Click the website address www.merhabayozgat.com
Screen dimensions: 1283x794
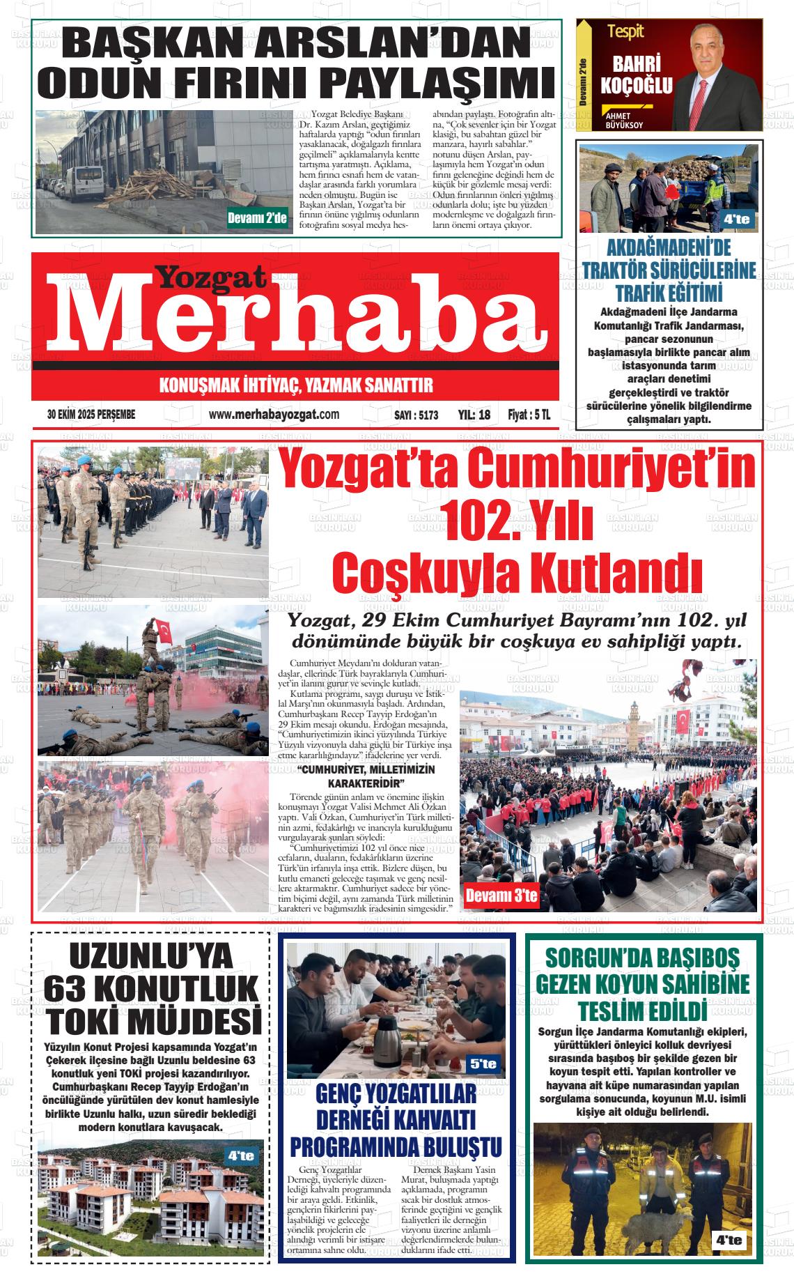point(274,415)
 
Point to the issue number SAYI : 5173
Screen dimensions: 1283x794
point(416,415)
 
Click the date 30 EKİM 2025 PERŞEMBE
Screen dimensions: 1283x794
point(91,415)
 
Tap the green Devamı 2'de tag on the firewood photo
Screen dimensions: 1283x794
point(258,219)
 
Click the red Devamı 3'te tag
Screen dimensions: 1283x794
point(501,896)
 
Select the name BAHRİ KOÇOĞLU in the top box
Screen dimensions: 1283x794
point(632,75)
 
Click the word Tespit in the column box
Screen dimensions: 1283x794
point(625,31)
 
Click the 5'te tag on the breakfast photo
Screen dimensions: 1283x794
point(483,1064)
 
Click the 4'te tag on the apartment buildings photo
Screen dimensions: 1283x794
point(241,1155)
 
